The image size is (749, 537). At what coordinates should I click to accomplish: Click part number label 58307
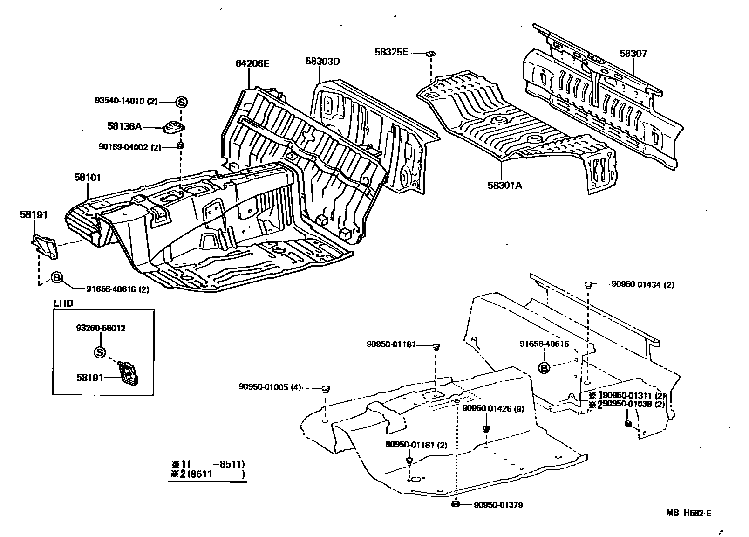point(633,54)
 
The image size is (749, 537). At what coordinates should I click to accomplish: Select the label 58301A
point(505,185)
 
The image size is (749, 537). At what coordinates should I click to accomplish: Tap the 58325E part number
point(391,52)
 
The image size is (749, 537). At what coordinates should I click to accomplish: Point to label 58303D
point(323,61)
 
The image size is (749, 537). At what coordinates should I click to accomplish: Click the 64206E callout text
point(252,63)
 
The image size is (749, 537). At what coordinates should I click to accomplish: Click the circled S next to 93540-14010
point(181,102)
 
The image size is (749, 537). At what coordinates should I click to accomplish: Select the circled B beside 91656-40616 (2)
point(56,278)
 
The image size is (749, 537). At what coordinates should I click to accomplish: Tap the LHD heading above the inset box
point(63,303)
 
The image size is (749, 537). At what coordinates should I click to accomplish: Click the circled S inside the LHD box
point(100,352)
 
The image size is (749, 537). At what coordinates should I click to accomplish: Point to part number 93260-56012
point(101,328)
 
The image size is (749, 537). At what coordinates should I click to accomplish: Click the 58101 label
point(87,178)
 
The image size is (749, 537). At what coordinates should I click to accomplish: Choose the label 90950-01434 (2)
point(636,285)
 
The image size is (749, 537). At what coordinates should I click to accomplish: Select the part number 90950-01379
point(498,505)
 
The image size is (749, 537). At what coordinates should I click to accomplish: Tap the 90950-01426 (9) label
point(493,409)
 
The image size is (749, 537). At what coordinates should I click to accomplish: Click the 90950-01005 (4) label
point(270,387)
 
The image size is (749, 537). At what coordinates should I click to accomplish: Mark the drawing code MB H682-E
point(688,513)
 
